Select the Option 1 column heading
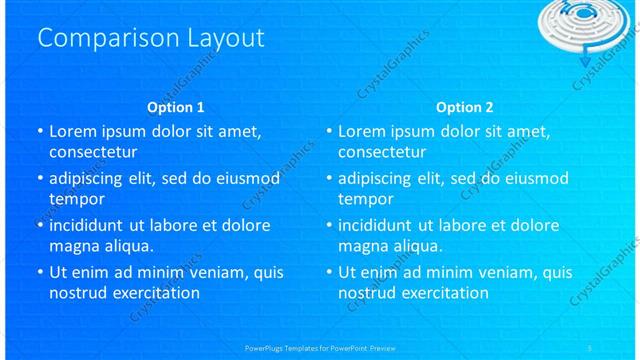pyautogui.click(x=175, y=107)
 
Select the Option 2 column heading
pyautogui.click(x=464, y=107)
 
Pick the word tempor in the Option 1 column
pyautogui.click(x=76, y=199)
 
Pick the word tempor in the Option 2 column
pyautogui.click(x=366, y=199)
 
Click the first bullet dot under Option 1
pyautogui.click(x=39, y=132)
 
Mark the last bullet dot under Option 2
pyautogui.click(x=329, y=272)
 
